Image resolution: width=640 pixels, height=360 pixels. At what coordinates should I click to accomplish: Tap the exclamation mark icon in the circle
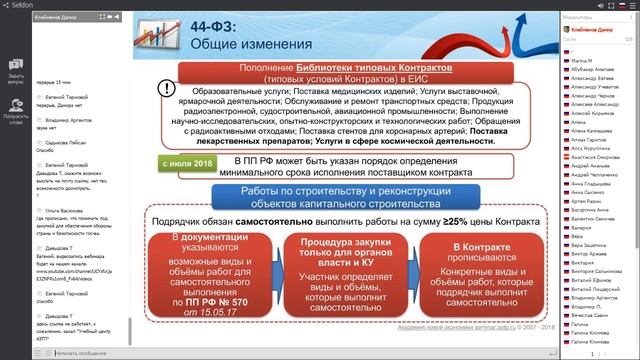click(x=165, y=88)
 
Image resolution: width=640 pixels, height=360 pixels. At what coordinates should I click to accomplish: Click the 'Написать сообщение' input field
click(x=80, y=352)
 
